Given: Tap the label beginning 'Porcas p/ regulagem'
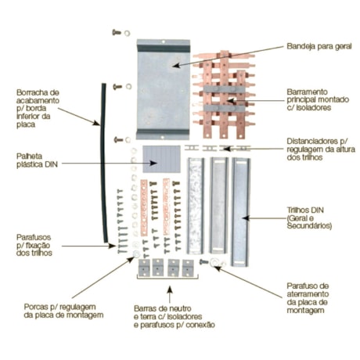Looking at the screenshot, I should (53, 309).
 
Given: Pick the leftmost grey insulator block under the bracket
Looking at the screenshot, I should (143, 268).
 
